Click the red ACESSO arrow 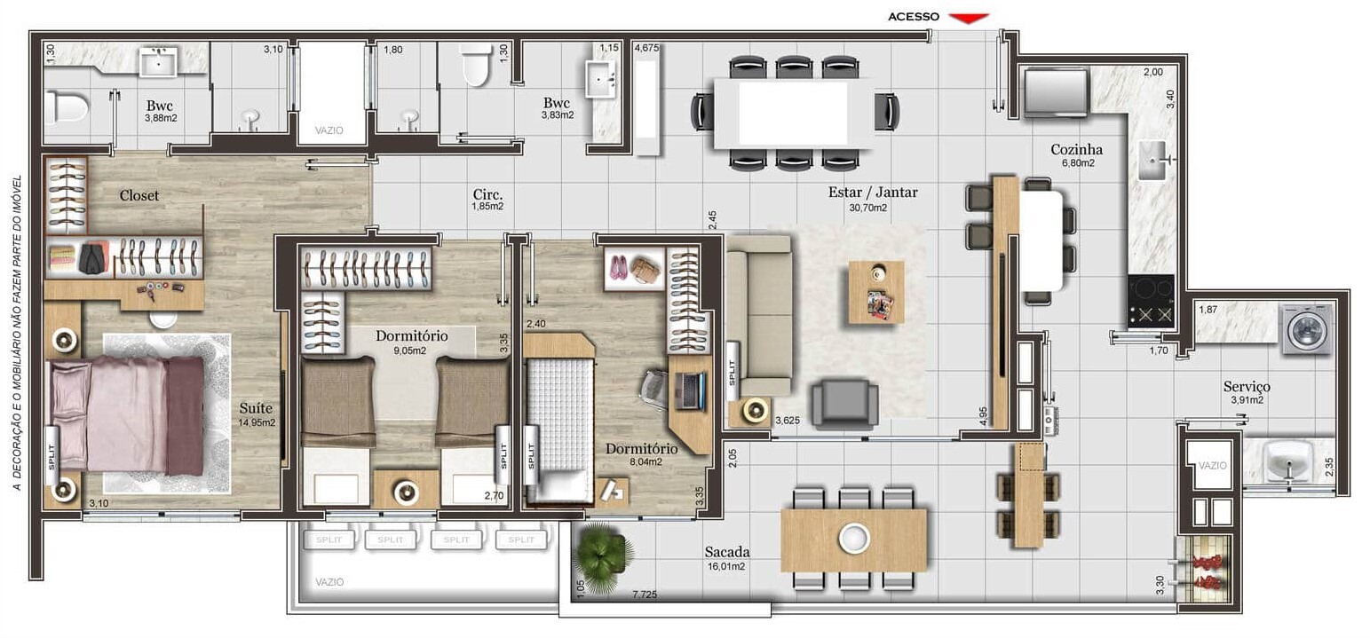[x=969, y=19]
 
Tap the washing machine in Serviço [x=1309, y=329]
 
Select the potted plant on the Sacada [x=603, y=555]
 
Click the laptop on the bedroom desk [x=690, y=390]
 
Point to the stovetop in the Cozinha [x=1151, y=301]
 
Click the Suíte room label [x=256, y=407]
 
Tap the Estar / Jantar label [x=873, y=192]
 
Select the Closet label [x=139, y=195]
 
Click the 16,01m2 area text [x=726, y=566]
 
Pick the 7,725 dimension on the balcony [x=645, y=594]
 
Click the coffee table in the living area [x=875, y=293]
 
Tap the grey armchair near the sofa [x=844, y=403]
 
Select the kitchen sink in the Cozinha [x=1155, y=161]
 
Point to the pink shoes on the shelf [x=618, y=268]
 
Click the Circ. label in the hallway [x=487, y=194]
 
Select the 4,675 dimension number [x=646, y=48]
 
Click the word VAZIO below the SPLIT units [x=329, y=582]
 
